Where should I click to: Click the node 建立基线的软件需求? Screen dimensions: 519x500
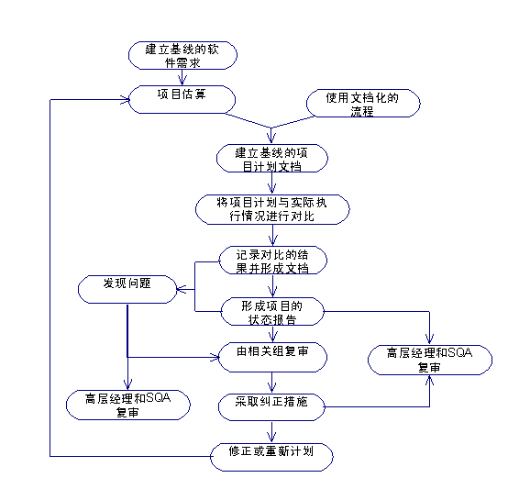[x=182, y=55]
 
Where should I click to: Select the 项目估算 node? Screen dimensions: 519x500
[x=182, y=99]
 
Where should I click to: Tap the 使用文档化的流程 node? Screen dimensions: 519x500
[x=363, y=103]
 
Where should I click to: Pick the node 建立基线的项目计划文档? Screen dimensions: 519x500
[x=272, y=159]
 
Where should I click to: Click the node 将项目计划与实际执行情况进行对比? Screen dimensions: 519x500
[x=272, y=209]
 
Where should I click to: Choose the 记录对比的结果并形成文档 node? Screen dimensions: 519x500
[x=273, y=261]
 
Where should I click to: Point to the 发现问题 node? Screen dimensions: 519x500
[x=127, y=289]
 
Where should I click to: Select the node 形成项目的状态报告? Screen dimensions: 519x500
[x=272, y=312]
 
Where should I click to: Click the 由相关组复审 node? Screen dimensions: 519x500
[x=272, y=357]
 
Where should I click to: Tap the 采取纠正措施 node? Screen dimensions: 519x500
[x=271, y=407]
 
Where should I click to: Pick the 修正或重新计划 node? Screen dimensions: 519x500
[x=271, y=457]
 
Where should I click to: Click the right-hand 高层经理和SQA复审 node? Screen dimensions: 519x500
[x=430, y=360]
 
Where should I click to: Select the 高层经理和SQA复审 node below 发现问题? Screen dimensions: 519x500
[x=128, y=405]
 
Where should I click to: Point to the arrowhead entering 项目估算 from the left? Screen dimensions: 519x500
[x=125, y=99]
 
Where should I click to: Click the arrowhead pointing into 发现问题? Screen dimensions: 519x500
[x=182, y=289]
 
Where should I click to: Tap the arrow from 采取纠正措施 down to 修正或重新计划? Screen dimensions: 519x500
[x=271, y=432]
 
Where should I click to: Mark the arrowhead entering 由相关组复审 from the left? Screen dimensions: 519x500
[x=215, y=357]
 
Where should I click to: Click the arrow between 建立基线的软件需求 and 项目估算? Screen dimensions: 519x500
[x=182, y=77]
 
